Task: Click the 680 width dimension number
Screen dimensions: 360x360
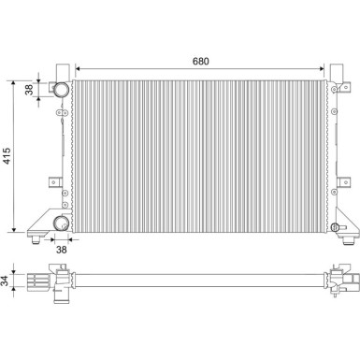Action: [x=201, y=61]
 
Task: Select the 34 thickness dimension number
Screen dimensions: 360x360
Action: [x=7, y=280]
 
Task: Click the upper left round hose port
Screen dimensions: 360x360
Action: [x=61, y=91]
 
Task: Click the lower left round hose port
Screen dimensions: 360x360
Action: [x=61, y=223]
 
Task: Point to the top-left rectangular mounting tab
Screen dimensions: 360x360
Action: [x=61, y=71]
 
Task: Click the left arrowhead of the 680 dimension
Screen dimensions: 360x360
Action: [x=77, y=69]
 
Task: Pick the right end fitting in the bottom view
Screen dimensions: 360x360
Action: [x=345, y=278]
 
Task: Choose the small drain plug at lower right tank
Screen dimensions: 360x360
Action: [x=335, y=228]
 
